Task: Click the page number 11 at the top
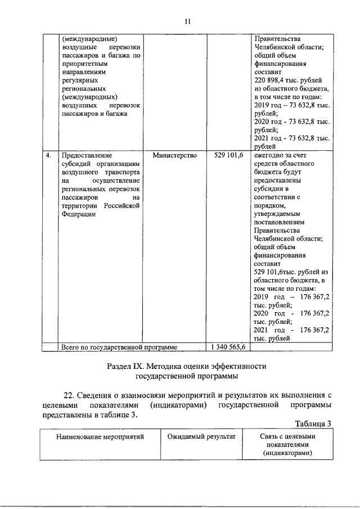pyautogui.click(x=187, y=21)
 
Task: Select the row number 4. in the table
pyautogui.click(x=49, y=155)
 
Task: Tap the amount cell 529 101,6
pyautogui.click(x=228, y=155)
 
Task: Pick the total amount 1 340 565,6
pyautogui.click(x=227, y=347)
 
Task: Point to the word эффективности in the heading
pyautogui.click(x=233, y=366)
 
